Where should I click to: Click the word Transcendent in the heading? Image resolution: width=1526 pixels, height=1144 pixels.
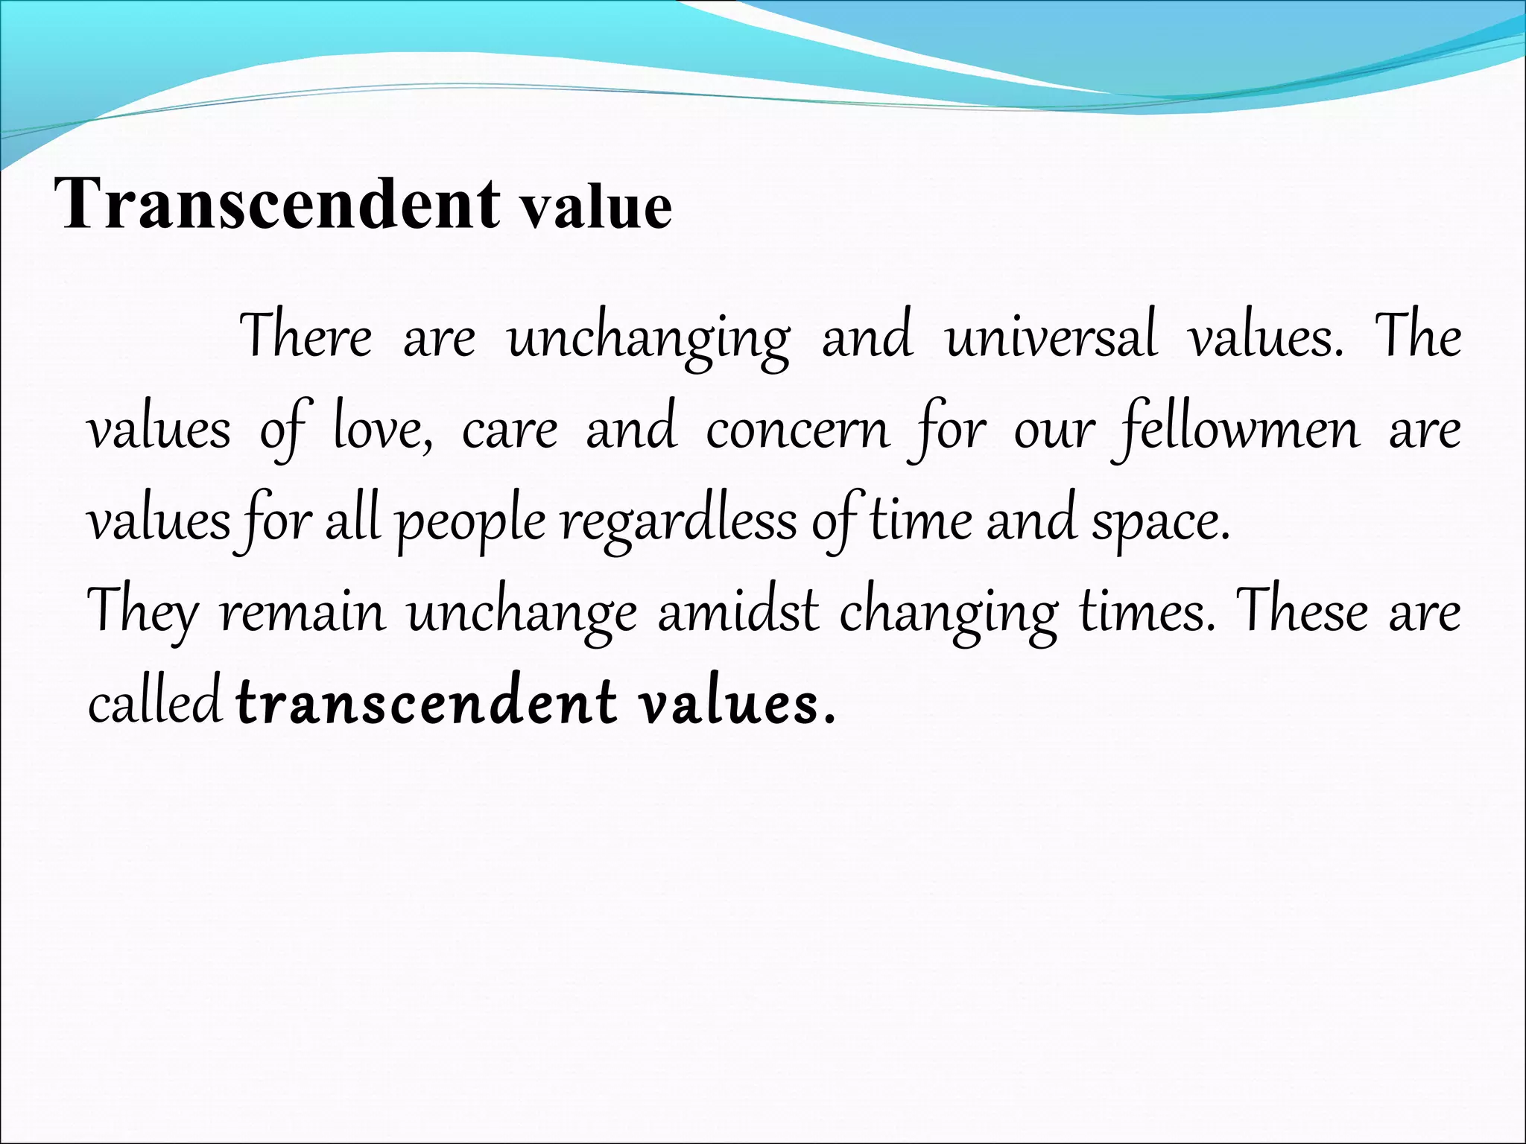pos(277,204)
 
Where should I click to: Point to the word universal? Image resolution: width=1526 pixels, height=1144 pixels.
pos(1051,337)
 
